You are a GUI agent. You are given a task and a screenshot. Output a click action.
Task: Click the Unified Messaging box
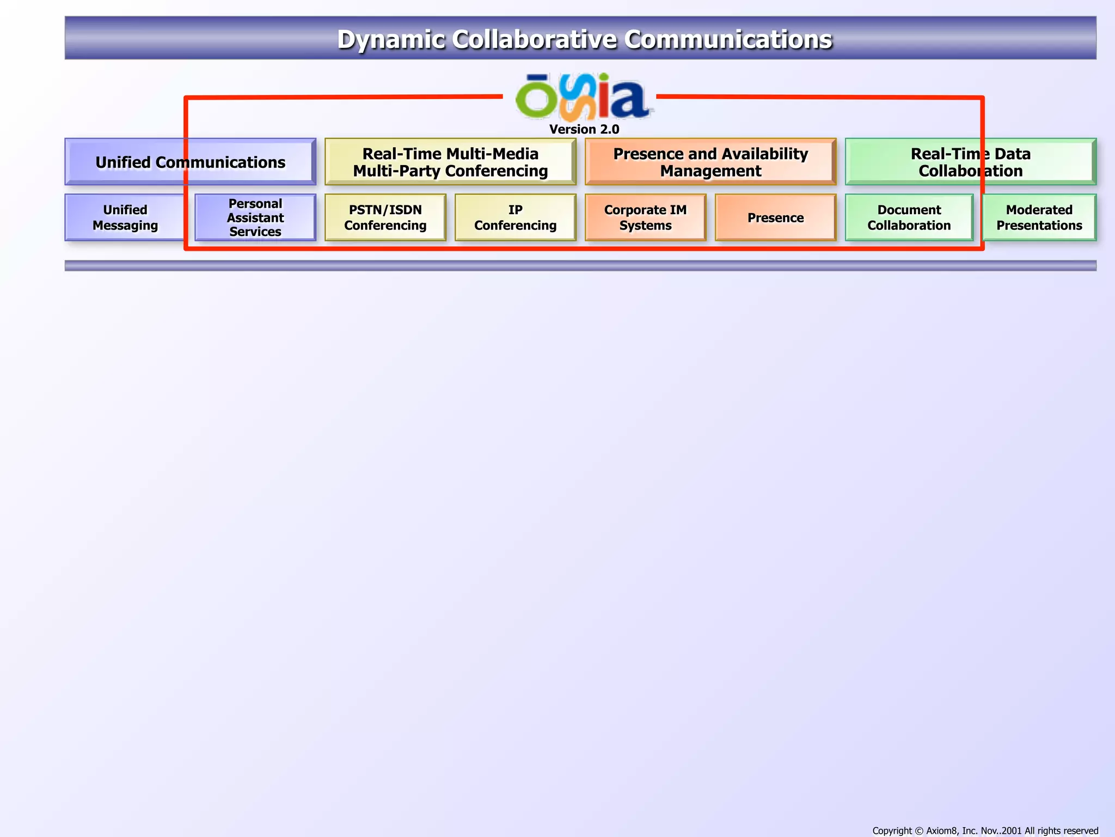[125, 217]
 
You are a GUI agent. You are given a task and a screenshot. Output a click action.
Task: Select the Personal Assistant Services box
[255, 217]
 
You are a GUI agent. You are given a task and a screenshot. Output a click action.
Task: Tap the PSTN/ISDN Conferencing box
[385, 217]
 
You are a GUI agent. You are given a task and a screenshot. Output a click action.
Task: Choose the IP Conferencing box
[515, 217]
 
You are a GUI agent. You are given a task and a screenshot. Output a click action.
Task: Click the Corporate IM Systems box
[645, 217]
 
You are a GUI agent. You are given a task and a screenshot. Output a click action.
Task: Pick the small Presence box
[775, 217]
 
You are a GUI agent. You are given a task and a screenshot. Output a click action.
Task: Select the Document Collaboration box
[909, 217]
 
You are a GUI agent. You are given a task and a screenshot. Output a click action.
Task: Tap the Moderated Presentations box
[1039, 217]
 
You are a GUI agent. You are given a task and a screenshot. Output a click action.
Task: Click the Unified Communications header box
[190, 162]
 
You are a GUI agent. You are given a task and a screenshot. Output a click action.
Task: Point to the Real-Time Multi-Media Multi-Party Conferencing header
[450, 162]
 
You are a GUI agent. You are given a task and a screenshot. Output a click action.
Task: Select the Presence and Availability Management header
[710, 162]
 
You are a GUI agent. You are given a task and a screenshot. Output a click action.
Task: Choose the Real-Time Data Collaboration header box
[970, 162]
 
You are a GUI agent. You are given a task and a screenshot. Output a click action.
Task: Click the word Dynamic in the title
[390, 40]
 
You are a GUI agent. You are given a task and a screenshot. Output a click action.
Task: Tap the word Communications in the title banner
[728, 40]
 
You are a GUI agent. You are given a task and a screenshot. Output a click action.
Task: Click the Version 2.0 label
[584, 129]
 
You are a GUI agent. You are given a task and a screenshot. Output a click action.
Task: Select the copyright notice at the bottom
[985, 830]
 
